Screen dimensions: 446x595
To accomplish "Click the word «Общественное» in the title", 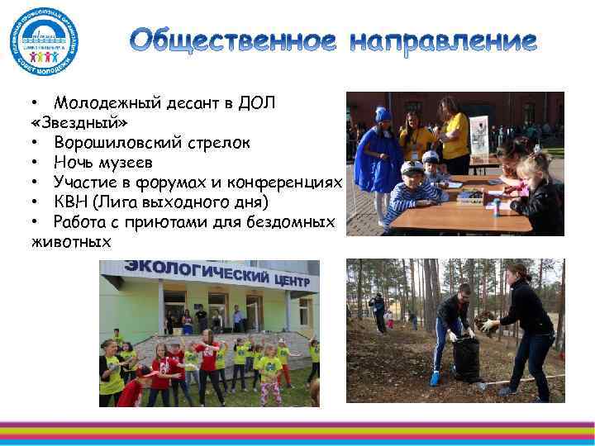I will (233, 40).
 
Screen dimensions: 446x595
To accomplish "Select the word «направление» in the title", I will (442, 40).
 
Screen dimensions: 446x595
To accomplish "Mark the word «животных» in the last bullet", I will (70, 241).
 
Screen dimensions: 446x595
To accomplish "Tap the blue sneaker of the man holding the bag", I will (435, 378).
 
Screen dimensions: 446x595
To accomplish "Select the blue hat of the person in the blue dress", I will (382, 113).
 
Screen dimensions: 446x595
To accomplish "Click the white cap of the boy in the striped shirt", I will (410, 166).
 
